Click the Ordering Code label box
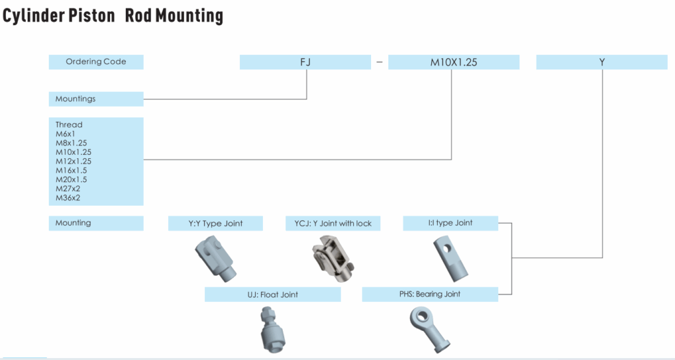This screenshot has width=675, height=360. (96, 62)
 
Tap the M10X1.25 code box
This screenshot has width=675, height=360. (454, 62)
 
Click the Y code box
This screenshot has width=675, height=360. (602, 62)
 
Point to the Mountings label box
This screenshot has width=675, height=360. (96, 99)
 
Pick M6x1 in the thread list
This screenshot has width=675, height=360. (65, 134)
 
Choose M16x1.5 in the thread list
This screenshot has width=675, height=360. (71, 170)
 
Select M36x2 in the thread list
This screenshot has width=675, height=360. (68, 198)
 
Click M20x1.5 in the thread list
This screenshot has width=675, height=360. (71, 179)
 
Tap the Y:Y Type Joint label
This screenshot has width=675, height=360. (216, 224)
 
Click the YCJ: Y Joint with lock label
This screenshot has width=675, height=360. (333, 224)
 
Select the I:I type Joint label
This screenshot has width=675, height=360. (450, 223)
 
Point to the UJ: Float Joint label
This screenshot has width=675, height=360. (272, 295)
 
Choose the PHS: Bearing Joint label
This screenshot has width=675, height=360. (430, 294)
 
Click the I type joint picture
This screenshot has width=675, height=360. (452, 258)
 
